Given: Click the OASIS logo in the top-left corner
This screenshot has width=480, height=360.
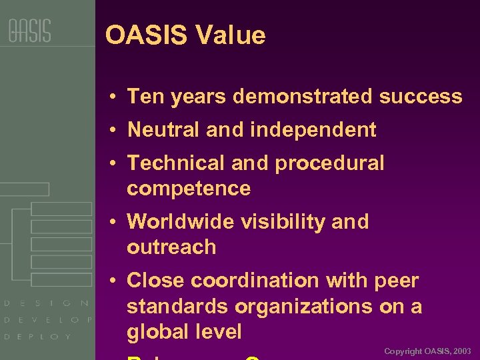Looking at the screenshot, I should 29,31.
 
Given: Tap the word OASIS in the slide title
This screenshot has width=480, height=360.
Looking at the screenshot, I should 146,35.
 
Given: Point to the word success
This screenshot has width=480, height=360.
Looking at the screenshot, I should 421,97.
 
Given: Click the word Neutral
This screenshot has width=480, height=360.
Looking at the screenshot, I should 164,130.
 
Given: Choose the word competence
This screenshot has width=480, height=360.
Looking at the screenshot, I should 189,189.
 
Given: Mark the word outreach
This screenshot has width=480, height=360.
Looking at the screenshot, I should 171,247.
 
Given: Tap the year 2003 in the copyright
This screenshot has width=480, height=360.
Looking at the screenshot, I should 461,351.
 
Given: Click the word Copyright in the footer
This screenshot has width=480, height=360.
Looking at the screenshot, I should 403,351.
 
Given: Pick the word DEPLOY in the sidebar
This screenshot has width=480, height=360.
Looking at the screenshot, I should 38,337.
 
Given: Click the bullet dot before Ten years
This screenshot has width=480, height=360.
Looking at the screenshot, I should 115,97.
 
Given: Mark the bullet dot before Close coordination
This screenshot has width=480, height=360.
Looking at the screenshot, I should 115,281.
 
